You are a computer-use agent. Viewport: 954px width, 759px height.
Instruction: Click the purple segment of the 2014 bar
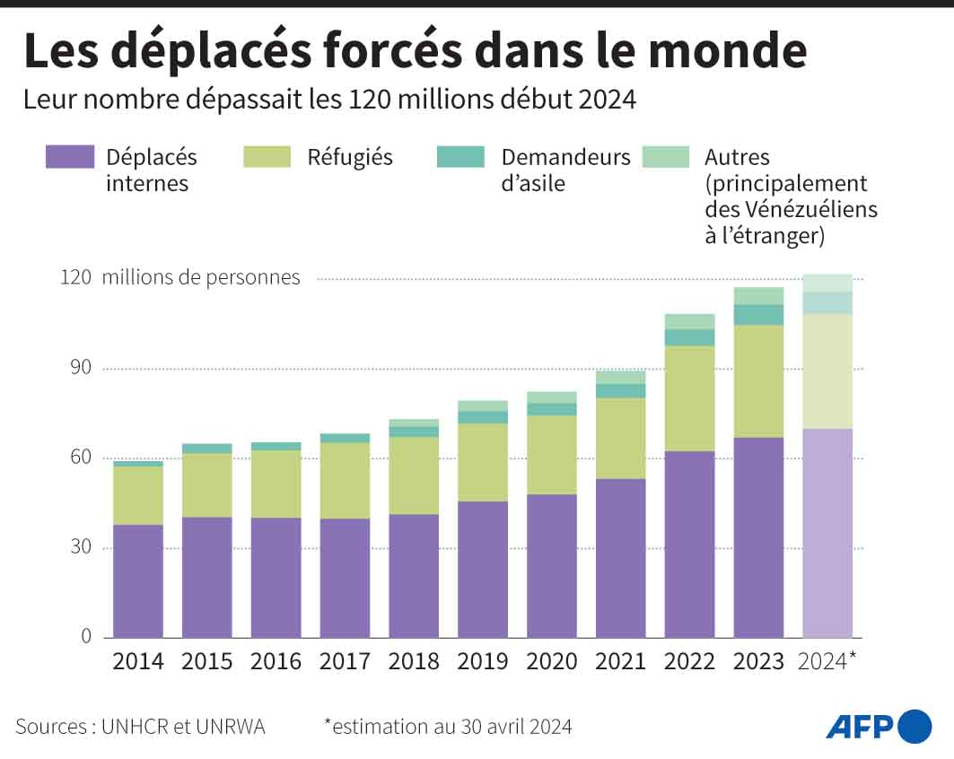pos(138,580)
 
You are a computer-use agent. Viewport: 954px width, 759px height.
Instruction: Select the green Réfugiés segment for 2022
pos(689,398)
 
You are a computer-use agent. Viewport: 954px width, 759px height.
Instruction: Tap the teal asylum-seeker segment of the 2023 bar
pos(758,315)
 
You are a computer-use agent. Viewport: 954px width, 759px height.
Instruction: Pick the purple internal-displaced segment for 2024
pos(827,533)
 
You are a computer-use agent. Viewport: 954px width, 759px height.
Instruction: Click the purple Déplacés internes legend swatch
pos(70,157)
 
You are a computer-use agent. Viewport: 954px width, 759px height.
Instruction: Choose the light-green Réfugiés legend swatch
pos(267,157)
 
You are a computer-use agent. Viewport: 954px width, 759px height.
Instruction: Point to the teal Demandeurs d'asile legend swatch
pos(460,157)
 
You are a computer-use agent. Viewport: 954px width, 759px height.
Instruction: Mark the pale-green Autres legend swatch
pos(666,157)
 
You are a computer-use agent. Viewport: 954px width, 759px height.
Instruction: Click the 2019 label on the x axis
pos(483,662)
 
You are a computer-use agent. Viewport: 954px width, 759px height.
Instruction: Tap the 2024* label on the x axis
pos(827,662)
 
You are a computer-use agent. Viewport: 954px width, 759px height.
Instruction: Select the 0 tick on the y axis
pos(86,637)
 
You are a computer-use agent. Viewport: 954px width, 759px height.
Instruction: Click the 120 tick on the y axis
pos(75,278)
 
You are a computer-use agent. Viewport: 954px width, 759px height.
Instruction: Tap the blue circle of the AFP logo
pos(915,726)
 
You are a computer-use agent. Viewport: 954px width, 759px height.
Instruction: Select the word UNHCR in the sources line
pos(135,727)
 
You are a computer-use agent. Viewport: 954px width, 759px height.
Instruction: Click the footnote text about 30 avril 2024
pos(448,727)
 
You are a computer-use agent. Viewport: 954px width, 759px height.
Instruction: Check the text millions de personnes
pos(201,278)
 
